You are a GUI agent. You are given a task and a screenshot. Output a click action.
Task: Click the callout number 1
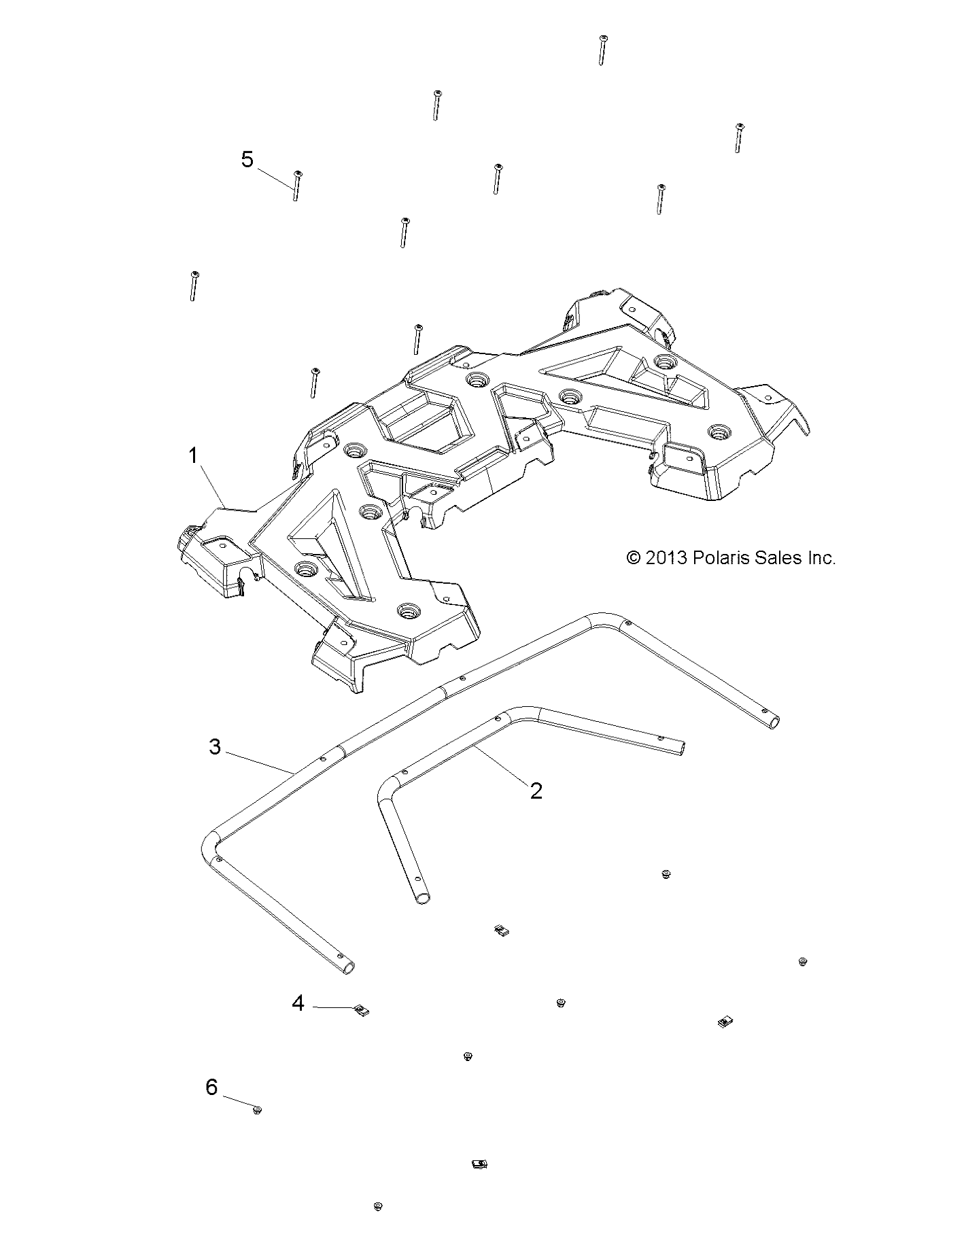193,455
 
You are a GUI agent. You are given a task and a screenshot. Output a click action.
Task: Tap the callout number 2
536,791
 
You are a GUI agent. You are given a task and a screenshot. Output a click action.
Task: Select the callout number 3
215,747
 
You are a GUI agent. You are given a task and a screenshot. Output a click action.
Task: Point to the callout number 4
298,1003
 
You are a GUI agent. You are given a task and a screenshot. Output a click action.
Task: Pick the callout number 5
247,160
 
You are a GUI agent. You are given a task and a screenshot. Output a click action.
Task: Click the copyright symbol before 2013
633,559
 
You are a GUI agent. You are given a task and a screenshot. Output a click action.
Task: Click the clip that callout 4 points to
362,1010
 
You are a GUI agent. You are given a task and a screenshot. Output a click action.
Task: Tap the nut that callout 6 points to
257,1111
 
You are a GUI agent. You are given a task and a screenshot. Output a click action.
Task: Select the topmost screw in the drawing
602,50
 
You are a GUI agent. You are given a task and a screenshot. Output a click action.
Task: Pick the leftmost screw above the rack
194,285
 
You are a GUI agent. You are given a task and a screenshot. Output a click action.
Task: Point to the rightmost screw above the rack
738,138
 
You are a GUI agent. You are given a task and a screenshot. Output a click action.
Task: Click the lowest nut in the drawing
378,1206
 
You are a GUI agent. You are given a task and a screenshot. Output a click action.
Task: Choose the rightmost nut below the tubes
802,962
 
